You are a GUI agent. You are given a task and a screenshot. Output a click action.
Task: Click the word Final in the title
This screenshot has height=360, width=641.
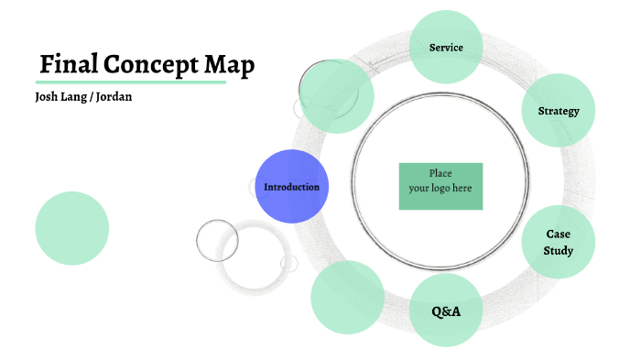point(68,66)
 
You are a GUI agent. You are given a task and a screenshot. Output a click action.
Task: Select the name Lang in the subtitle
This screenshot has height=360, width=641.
point(77,96)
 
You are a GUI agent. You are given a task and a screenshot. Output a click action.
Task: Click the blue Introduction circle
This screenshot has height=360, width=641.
point(291,187)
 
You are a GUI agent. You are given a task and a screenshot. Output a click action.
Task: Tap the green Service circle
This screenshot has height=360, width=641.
point(446,47)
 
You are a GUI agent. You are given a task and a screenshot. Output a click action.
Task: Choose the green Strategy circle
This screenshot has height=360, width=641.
point(559,111)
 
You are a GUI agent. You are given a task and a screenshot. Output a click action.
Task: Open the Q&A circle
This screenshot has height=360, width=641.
point(446,311)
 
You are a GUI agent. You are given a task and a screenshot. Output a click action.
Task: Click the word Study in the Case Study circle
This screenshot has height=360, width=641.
point(559,250)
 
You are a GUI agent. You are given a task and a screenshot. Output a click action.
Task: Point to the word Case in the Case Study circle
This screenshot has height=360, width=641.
point(559,235)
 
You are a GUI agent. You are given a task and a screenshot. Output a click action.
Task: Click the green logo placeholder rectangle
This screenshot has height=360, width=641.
point(440,186)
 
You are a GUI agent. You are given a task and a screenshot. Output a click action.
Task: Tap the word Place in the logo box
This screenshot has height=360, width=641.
point(440,173)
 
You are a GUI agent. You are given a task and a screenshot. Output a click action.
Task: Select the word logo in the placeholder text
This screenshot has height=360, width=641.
point(440,189)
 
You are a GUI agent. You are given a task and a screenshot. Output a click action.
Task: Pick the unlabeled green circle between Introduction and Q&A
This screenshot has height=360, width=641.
point(347,296)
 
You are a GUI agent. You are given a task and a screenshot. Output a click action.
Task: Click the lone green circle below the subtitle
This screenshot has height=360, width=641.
point(71,228)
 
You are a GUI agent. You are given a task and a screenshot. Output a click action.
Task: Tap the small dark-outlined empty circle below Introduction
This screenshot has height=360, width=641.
point(217,240)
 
